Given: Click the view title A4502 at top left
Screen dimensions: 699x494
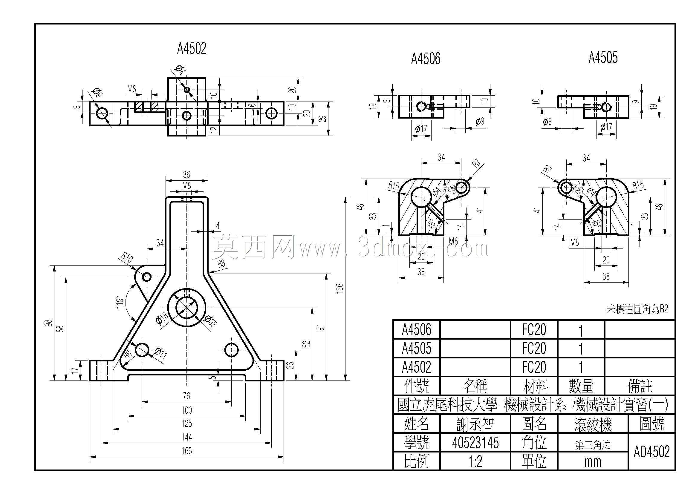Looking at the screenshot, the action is pyautogui.click(x=192, y=49).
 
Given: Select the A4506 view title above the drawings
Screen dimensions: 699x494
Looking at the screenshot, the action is pyautogui.click(x=426, y=59).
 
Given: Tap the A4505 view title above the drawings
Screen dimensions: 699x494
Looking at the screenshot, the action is pyautogui.click(x=603, y=57).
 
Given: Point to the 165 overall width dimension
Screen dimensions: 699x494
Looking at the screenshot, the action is pyautogui.click(x=186, y=451).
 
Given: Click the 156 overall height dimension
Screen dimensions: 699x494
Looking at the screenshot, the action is pyautogui.click(x=340, y=288).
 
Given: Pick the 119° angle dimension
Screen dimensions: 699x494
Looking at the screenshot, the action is pyautogui.click(x=120, y=302).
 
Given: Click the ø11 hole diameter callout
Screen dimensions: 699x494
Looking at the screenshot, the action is pyautogui.click(x=160, y=353).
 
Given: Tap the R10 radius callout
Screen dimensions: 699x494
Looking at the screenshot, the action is pyautogui.click(x=127, y=257).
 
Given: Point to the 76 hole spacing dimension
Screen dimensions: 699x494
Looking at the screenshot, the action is pyautogui.click(x=186, y=396).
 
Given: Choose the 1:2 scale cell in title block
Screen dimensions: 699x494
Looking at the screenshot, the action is pyautogui.click(x=475, y=462).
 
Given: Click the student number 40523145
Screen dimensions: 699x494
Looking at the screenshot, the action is pyautogui.click(x=475, y=443).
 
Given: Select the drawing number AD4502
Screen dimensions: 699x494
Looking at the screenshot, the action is pyautogui.click(x=652, y=452).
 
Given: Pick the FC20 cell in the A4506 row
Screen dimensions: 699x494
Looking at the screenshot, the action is pyautogui.click(x=534, y=329).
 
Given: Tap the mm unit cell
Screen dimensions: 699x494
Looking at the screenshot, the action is pyautogui.click(x=593, y=462).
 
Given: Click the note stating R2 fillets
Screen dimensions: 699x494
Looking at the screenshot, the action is pyautogui.click(x=637, y=309).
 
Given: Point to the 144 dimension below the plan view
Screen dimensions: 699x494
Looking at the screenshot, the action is pyautogui.click(x=186, y=437).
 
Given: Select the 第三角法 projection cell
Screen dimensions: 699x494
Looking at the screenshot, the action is pyautogui.click(x=593, y=445).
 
